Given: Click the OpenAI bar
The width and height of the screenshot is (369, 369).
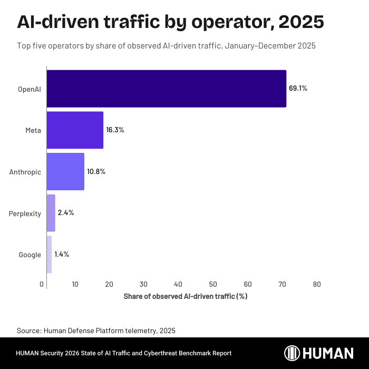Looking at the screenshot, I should (x=167, y=89).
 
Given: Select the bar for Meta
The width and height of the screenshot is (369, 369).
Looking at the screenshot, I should (x=75, y=130).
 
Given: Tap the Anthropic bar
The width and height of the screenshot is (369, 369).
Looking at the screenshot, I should (x=65, y=171).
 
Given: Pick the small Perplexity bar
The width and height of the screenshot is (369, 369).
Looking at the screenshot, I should (x=51, y=213).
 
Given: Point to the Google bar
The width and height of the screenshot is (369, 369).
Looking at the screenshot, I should (x=49, y=254).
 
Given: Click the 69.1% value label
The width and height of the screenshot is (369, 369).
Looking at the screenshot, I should (x=298, y=89).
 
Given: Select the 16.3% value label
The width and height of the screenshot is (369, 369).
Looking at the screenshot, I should (x=115, y=130).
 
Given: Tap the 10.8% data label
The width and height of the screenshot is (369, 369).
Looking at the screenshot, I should (x=96, y=171).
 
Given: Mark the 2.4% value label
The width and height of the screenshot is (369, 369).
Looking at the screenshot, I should (x=65, y=213).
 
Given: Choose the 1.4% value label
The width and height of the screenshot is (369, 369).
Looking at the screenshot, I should (x=62, y=254).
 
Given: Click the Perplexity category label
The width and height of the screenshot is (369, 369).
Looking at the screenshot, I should (x=25, y=213).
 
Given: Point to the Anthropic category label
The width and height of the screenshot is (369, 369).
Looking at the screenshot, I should (x=25, y=172).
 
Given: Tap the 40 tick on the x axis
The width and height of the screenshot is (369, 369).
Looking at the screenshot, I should (x=178, y=285).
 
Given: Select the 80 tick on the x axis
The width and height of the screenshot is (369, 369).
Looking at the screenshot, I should (x=317, y=285).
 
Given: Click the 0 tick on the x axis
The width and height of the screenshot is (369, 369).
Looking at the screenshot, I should (x=42, y=285).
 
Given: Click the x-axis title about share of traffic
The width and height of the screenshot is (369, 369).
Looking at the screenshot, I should (x=186, y=296).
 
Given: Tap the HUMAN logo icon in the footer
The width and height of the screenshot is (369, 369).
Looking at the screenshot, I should (x=293, y=353).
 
